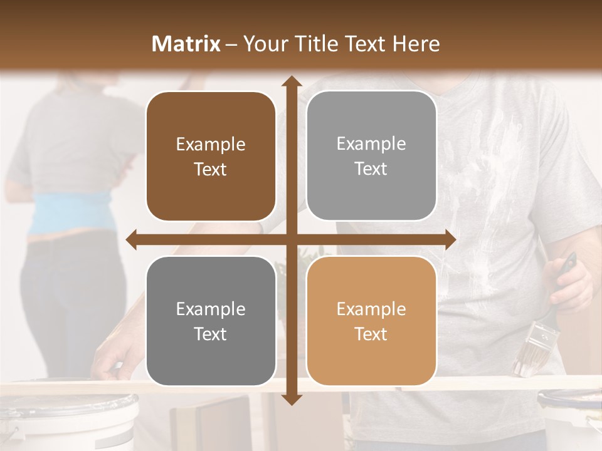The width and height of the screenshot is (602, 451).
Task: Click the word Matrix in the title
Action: (186, 44)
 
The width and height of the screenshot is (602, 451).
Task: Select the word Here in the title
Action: (416, 44)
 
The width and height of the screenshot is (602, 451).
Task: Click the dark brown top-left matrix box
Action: (211, 157)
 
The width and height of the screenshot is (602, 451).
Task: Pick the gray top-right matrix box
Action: (371, 156)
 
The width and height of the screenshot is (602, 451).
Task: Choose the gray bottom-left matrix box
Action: (211, 321)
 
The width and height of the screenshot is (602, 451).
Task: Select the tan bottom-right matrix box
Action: (371, 321)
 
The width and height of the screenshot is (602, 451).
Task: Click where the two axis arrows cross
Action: (291, 239)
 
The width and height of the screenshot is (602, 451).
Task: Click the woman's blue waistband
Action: (69, 213)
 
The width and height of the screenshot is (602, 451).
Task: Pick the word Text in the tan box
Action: (371, 334)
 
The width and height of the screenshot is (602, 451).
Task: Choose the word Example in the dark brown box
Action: (211, 144)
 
